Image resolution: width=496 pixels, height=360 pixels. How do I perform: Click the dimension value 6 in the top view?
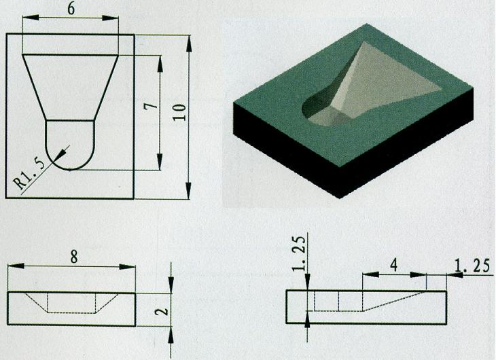pos(71,9)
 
